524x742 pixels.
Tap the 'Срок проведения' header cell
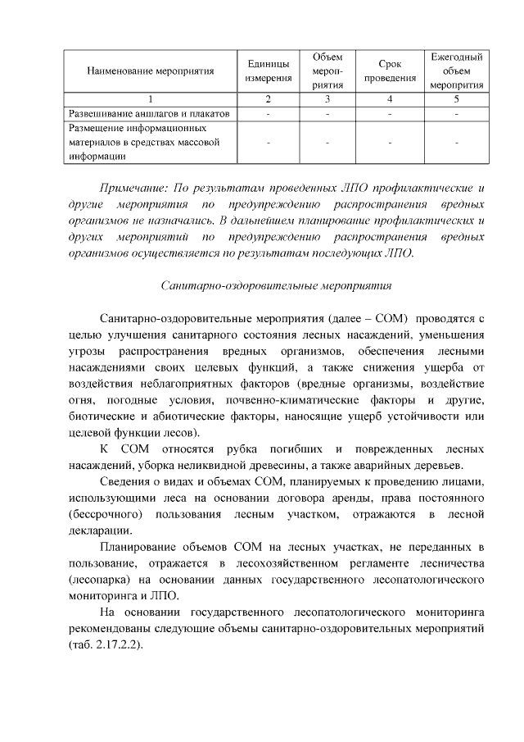[x=390, y=71]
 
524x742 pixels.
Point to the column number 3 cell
[x=327, y=99]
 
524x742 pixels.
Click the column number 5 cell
[x=456, y=99]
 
